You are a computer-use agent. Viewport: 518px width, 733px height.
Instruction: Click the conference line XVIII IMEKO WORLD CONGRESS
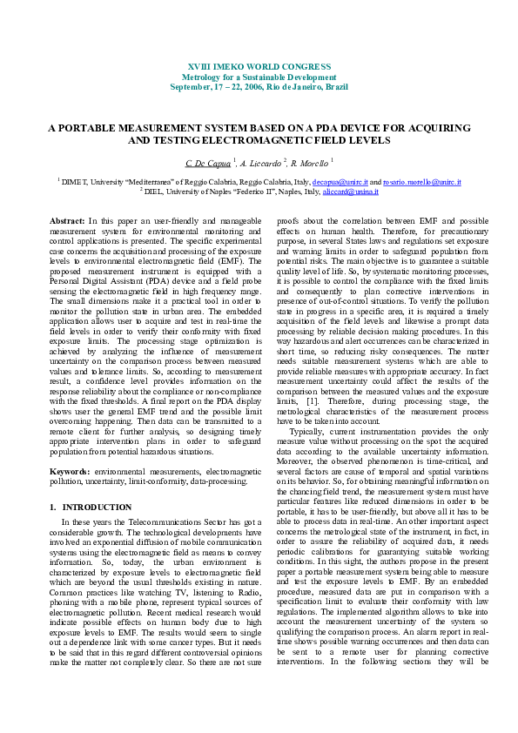coord(259,67)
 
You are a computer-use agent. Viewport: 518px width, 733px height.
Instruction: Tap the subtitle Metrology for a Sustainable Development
coord(259,77)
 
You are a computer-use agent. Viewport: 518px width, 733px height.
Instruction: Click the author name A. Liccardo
coord(261,163)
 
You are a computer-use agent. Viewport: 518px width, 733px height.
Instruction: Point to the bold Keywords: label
coord(71,471)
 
